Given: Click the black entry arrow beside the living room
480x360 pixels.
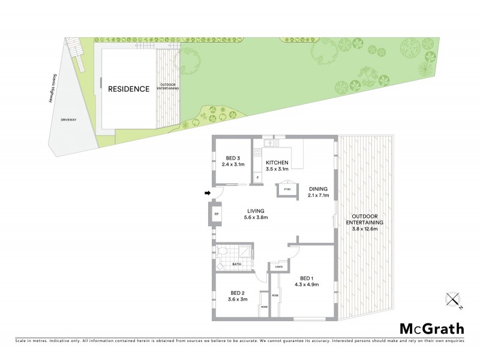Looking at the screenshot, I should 208,193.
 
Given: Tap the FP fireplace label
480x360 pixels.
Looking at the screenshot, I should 216,214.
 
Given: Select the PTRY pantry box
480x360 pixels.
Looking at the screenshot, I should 287,190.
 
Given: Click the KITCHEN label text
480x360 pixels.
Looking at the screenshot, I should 278,163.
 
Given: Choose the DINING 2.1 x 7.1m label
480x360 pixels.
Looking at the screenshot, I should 318,192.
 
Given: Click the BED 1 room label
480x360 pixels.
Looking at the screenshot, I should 307,281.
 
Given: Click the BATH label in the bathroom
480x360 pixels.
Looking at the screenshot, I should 236,264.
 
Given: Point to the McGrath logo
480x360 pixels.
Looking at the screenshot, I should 431,328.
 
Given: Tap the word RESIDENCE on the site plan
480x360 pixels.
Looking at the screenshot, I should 128,89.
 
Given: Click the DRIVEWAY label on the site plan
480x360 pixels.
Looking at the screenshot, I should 68,120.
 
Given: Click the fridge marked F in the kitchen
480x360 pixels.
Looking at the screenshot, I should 257,177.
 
